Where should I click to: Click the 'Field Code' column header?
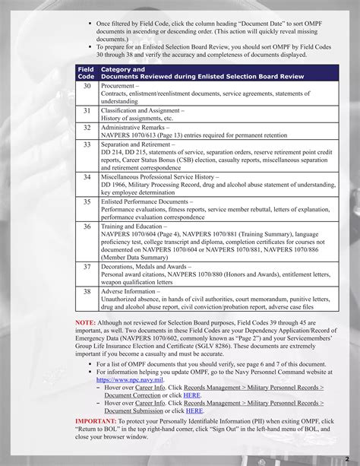(x=86, y=73)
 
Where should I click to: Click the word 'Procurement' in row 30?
(x=118, y=87)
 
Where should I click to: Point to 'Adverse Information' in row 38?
(x=131, y=291)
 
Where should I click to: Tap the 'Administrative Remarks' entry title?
(x=136, y=128)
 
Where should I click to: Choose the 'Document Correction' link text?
(x=131, y=395)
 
